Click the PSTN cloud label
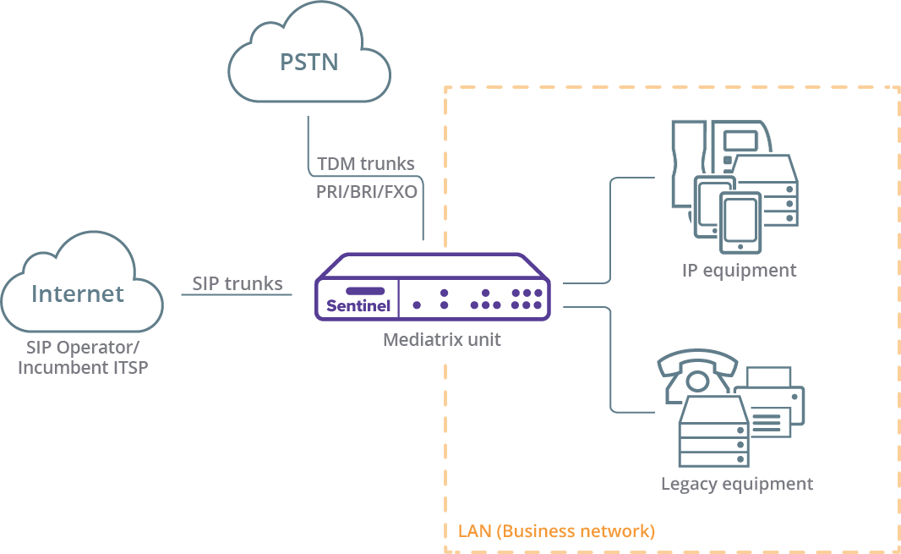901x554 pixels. [309, 62]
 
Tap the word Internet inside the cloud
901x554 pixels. [78, 294]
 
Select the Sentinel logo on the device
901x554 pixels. [358, 305]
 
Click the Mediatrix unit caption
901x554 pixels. [442, 339]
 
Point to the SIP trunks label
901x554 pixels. [238, 283]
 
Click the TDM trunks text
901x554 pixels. [366, 164]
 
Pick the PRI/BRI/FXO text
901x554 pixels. [367, 191]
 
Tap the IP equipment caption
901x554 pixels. [739, 271]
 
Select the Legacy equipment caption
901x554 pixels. [737, 484]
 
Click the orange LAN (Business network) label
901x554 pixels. [556, 531]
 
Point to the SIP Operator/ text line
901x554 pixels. [83, 348]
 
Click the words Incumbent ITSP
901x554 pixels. [83, 368]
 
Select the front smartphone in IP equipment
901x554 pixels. [740, 223]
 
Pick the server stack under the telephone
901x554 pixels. [714, 431]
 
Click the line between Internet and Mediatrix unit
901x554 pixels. [237, 295]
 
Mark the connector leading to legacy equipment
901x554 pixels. [609, 359]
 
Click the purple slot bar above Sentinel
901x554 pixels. [365, 291]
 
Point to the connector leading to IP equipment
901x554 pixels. [609, 230]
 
